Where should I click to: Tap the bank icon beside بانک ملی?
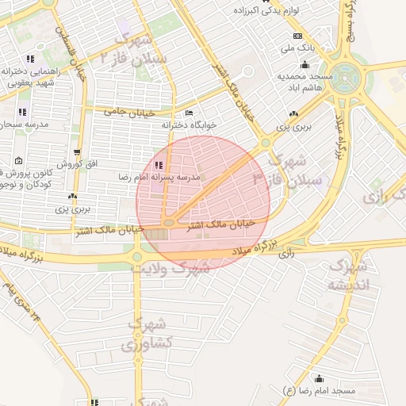[297, 36]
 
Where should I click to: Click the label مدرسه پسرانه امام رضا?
[159, 177]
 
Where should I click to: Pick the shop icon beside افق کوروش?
[76, 151]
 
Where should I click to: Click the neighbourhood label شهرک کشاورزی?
[146, 335]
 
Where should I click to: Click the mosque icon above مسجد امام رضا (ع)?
[320, 378]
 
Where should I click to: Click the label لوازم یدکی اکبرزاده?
[270, 11]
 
